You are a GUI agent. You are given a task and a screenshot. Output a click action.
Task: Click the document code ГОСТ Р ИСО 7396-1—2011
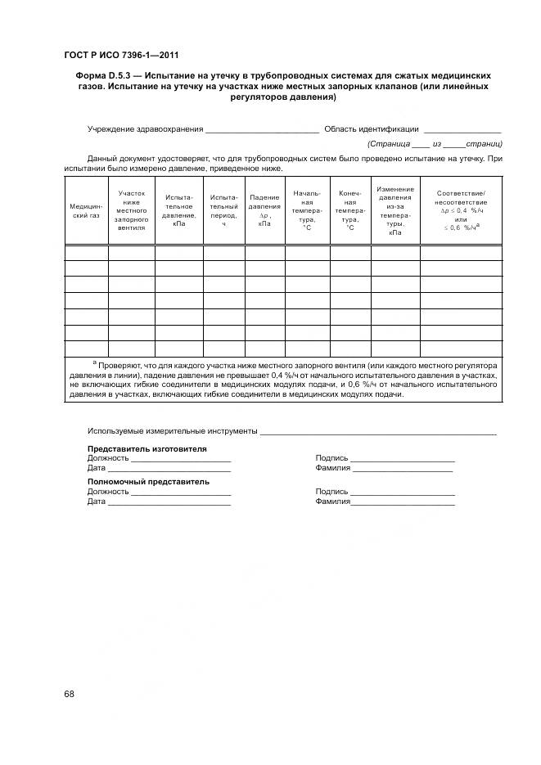tap(120, 56)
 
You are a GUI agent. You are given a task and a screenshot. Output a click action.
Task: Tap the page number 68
tap(69, 694)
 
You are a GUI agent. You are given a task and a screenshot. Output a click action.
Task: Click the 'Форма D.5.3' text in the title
tap(95, 75)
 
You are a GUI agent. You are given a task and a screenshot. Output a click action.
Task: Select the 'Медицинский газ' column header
tap(85, 211)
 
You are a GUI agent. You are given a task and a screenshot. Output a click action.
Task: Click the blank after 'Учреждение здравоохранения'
tap(262, 129)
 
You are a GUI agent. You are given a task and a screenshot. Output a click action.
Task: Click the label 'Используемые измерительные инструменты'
tap(173, 430)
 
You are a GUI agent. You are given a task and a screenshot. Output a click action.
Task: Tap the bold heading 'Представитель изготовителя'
tap(147, 449)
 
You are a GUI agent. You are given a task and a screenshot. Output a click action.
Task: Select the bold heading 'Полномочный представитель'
tap(148, 482)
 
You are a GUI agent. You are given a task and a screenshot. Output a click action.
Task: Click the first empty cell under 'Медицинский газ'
tap(85, 252)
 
